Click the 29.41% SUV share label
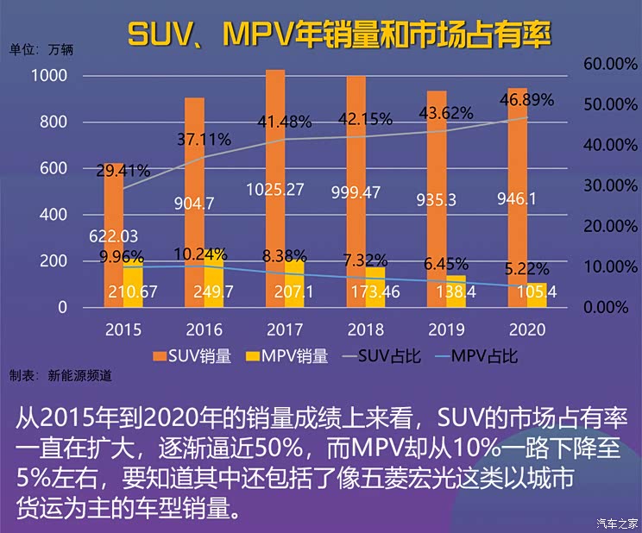point(123,171)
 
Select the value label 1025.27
point(275,189)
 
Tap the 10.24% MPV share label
point(200,254)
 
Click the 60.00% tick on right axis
point(609,64)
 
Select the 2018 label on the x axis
point(365,329)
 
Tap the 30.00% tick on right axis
point(609,185)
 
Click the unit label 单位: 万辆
point(41,49)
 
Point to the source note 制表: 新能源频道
point(60,375)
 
